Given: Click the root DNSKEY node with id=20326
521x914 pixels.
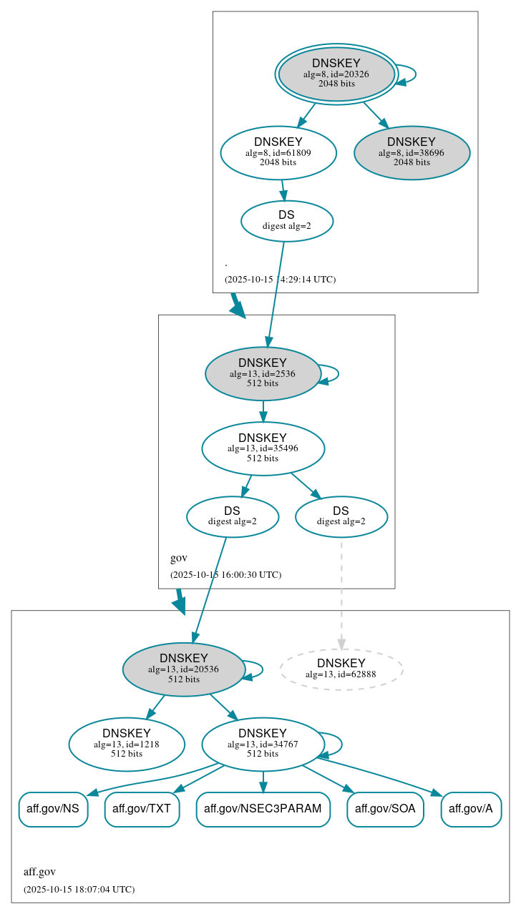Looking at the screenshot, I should pyautogui.click(x=336, y=74).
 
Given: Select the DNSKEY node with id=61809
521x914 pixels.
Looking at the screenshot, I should pyautogui.click(x=278, y=152).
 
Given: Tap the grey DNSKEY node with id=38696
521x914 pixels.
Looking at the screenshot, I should pyautogui.click(x=412, y=152).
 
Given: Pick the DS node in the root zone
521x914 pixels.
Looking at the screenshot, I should pyautogui.click(x=286, y=221).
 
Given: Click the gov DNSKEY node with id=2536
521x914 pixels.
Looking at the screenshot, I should pyautogui.click(x=263, y=373).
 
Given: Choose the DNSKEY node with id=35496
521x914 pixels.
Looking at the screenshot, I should pyautogui.click(x=263, y=448).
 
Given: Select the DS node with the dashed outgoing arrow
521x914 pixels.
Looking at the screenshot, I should pyautogui.click(x=341, y=516).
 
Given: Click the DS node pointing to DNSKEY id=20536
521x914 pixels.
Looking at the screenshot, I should pyautogui.click(x=232, y=516).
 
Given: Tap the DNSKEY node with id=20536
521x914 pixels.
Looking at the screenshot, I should pyautogui.click(x=184, y=669).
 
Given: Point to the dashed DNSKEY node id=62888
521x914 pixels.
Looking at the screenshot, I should pyautogui.click(x=341, y=669).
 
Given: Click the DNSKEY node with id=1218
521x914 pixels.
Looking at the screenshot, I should pyautogui.click(x=127, y=744).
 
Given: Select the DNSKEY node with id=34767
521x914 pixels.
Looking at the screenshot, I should pyautogui.click(x=263, y=744).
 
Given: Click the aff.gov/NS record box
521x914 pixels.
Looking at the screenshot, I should pyautogui.click(x=53, y=809).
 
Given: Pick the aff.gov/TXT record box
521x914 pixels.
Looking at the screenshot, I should pyautogui.click(x=142, y=809).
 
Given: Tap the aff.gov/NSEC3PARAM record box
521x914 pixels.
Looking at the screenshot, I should pyautogui.click(x=263, y=809).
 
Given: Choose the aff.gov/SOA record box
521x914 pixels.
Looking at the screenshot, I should pyautogui.click(x=385, y=809).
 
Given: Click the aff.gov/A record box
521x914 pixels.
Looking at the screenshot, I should pyautogui.click(x=471, y=809).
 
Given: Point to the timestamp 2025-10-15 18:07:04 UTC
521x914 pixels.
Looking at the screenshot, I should pyautogui.click(x=79, y=889).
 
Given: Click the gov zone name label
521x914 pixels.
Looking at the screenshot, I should pyautogui.click(x=178, y=558).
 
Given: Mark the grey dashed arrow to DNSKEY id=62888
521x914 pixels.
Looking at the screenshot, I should pyautogui.click(x=341, y=594).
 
